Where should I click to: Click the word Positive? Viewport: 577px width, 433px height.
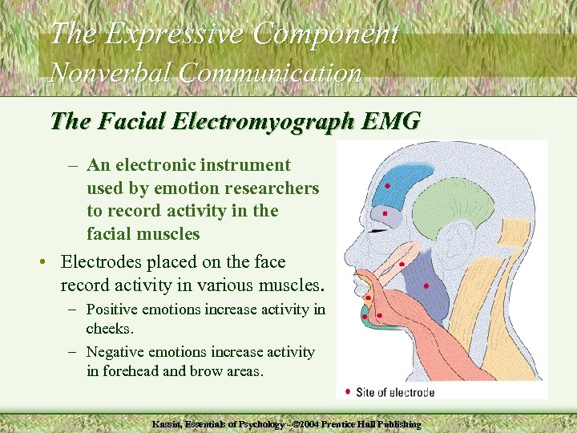pyautogui.click(x=110, y=309)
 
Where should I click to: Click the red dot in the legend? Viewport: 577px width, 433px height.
pyautogui.click(x=347, y=392)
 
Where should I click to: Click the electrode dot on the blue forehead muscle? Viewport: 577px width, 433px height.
pyautogui.click(x=388, y=186)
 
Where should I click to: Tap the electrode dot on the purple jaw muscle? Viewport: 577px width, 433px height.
pyautogui.click(x=426, y=285)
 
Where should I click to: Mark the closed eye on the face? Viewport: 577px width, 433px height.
pyautogui.click(x=379, y=230)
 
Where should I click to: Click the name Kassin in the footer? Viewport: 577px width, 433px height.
pyautogui.click(x=168, y=423)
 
